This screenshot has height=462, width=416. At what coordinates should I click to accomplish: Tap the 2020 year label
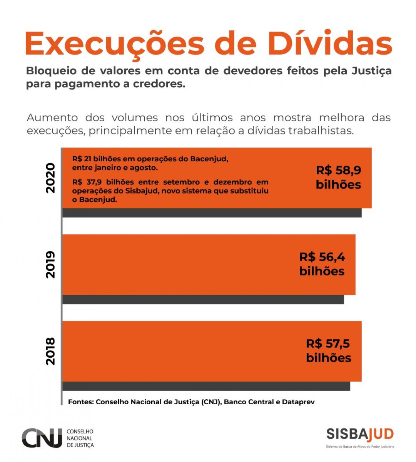pyautogui.click(x=50, y=178)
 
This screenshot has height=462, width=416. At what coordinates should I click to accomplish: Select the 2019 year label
pyautogui.click(x=50, y=264)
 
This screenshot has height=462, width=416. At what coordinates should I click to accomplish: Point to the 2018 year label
pyautogui.click(x=50, y=351)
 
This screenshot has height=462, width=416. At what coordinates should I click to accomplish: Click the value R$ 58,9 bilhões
pyautogui.click(x=338, y=177)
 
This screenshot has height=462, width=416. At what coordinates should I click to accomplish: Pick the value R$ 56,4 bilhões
pyautogui.click(x=322, y=264)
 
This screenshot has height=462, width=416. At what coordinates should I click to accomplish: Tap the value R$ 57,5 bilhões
pyautogui.click(x=328, y=350)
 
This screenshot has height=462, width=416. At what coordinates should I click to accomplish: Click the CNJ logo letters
pyautogui.click(x=42, y=438)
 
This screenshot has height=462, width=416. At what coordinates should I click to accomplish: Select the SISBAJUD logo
pyautogui.click(x=360, y=434)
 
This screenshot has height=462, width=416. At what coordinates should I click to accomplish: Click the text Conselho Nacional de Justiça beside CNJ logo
pyautogui.click(x=80, y=438)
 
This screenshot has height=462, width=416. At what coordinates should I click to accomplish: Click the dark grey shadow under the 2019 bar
pyautogui.click(x=203, y=300)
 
